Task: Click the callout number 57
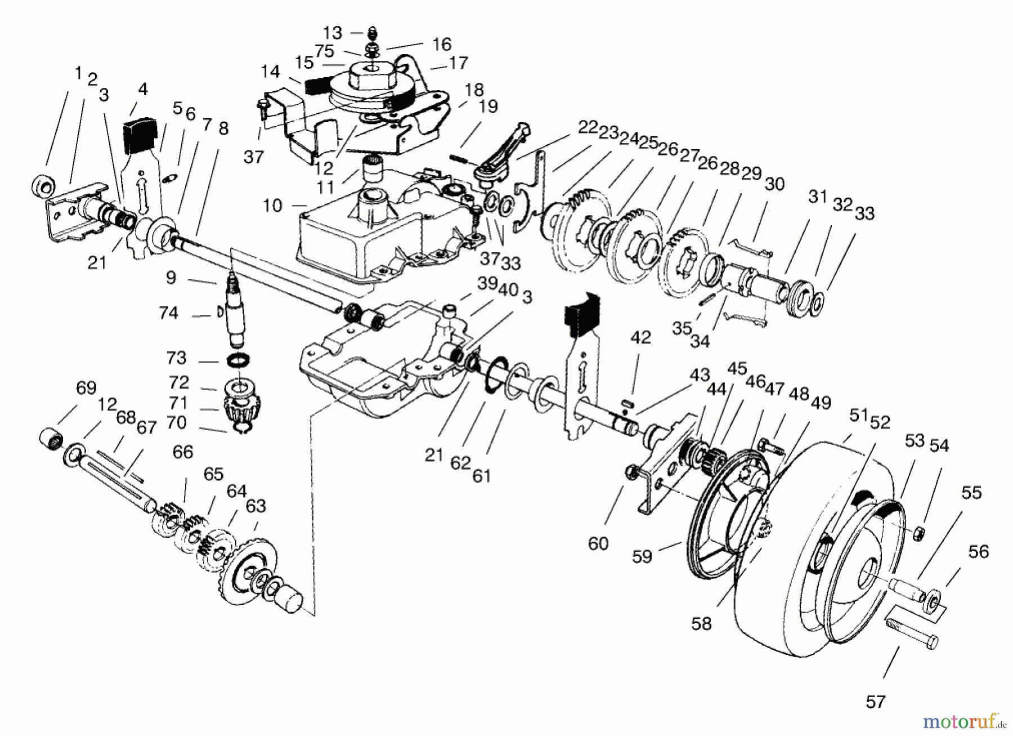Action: click(876, 701)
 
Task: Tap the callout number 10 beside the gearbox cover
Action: click(272, 206)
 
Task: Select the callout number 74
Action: click(168, 313)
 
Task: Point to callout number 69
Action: click(86, 388)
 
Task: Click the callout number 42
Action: click(640, 338)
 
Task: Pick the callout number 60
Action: click(598, 543)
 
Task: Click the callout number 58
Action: click(702, 623)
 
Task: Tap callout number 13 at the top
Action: click(333, 33)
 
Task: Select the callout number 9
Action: click(171, 277)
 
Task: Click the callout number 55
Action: click(971, 493)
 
